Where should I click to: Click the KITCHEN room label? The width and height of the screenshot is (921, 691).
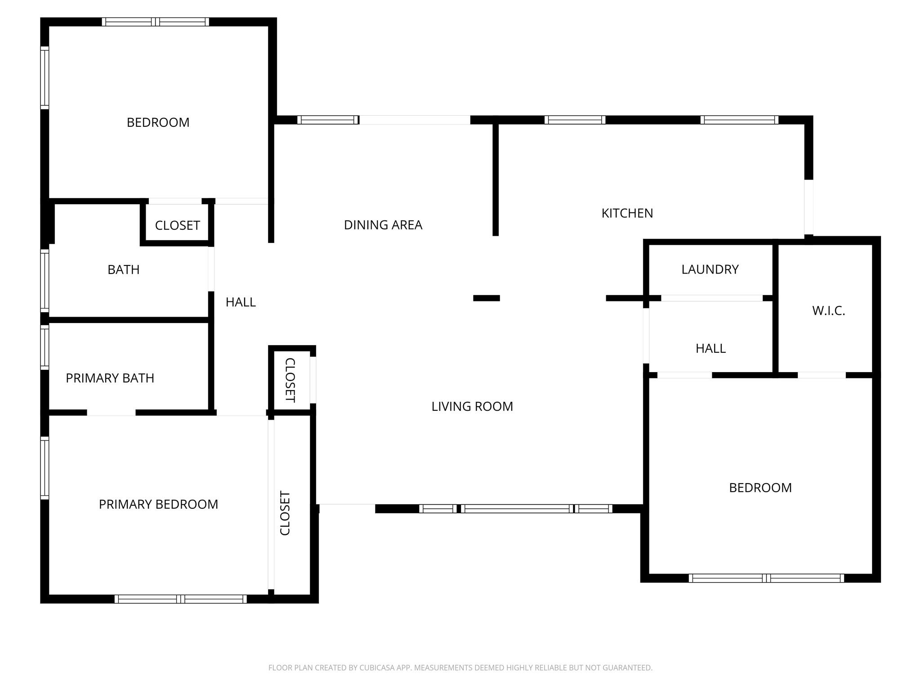point(627,213)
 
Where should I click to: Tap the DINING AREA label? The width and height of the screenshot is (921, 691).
point(383,225)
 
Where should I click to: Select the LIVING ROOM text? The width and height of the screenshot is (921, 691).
point(472,407)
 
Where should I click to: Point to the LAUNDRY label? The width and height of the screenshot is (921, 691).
point(710,269)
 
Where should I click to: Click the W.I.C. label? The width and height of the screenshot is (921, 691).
point(828,311)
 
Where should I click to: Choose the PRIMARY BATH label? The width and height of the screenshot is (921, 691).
point(110,378)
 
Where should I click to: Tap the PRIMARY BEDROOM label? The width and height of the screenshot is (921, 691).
point(158,504)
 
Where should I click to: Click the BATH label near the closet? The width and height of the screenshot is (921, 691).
point(123,270)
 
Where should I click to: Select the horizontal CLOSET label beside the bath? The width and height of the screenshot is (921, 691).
point(177,225)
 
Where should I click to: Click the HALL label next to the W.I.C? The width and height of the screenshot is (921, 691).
point(711,349)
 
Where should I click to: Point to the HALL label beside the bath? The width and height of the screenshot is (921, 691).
point(241,302)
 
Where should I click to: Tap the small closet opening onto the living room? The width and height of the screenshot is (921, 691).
point(290,380)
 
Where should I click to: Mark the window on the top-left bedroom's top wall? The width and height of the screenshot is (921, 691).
point(155,22)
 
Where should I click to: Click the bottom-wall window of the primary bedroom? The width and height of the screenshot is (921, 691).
point(180,599)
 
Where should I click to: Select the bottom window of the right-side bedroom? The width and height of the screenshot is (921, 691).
point(766,578)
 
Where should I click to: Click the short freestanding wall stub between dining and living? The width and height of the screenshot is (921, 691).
point(486,298)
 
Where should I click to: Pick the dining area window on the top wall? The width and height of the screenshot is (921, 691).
point(328,120)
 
